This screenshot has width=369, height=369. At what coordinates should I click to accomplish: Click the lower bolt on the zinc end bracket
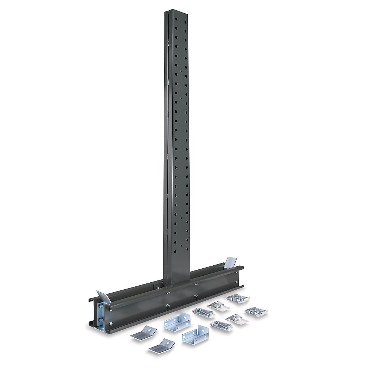pyautogui.click(x=100, y=320)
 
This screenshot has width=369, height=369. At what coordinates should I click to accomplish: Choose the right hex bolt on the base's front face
pyautogui.click(x=196, y=296)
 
